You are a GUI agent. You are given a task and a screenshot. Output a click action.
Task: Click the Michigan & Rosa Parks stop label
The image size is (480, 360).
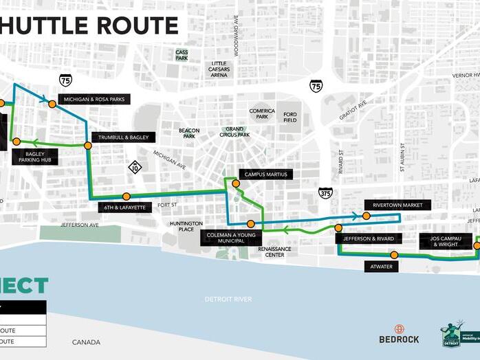[x=94, y=100]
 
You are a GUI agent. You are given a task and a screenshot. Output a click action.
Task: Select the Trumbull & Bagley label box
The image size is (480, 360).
[x=122, y=137]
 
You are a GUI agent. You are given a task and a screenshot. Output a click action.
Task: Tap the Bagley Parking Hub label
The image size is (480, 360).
[x=34, y=157]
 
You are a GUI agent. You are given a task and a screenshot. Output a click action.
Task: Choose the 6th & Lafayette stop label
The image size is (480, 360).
[x=124, y=207]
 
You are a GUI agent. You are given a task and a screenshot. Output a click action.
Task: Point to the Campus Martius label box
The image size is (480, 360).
[x=265, y=175]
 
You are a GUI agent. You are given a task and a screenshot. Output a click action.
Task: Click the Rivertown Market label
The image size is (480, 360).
[x=397, y=205]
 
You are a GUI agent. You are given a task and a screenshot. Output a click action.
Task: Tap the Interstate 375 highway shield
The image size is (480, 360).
[x=325, y=194]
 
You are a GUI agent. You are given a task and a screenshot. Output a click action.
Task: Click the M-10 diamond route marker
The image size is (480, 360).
[x=135, y=166]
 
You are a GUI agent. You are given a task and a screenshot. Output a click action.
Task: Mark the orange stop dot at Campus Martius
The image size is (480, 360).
[x=236, y=183]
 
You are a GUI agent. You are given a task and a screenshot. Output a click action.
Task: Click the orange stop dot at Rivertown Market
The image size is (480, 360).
[x=367, y=216]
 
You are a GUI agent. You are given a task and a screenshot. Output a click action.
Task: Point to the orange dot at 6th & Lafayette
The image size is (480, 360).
[x=126, y=196]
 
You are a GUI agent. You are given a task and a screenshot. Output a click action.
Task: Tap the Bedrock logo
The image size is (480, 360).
[x=399, y=335]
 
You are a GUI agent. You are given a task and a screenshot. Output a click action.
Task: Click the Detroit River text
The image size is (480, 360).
[x=228, y=300]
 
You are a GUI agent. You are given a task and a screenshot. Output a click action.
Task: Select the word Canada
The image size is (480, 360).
[x=86, y=342]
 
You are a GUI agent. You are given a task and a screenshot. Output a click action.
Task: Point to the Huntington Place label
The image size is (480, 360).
[x=186, y=227]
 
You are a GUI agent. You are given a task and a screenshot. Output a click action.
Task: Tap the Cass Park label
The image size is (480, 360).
[x=182, y=56]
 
